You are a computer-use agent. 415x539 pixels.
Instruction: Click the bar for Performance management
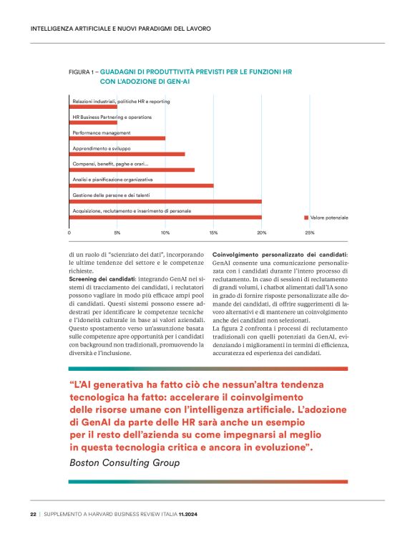(117, 138)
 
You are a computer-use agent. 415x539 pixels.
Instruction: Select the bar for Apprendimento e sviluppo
(127, 154)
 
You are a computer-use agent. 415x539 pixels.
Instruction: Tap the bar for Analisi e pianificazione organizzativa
(141, 185)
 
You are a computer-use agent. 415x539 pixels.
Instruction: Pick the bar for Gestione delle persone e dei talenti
(165, 201)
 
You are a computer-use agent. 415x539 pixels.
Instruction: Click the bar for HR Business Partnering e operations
(93, 122)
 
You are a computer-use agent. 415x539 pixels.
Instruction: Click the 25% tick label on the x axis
(310, 233)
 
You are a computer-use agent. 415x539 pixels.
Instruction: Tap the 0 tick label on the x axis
(69, 233)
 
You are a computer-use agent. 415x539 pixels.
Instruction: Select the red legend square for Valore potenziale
(306, 217)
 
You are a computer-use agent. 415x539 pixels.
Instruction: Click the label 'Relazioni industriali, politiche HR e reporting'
(121, 102)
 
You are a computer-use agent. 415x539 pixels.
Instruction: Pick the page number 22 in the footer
(33, 514)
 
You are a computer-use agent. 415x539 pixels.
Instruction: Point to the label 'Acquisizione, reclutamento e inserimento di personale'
(132, 210)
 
